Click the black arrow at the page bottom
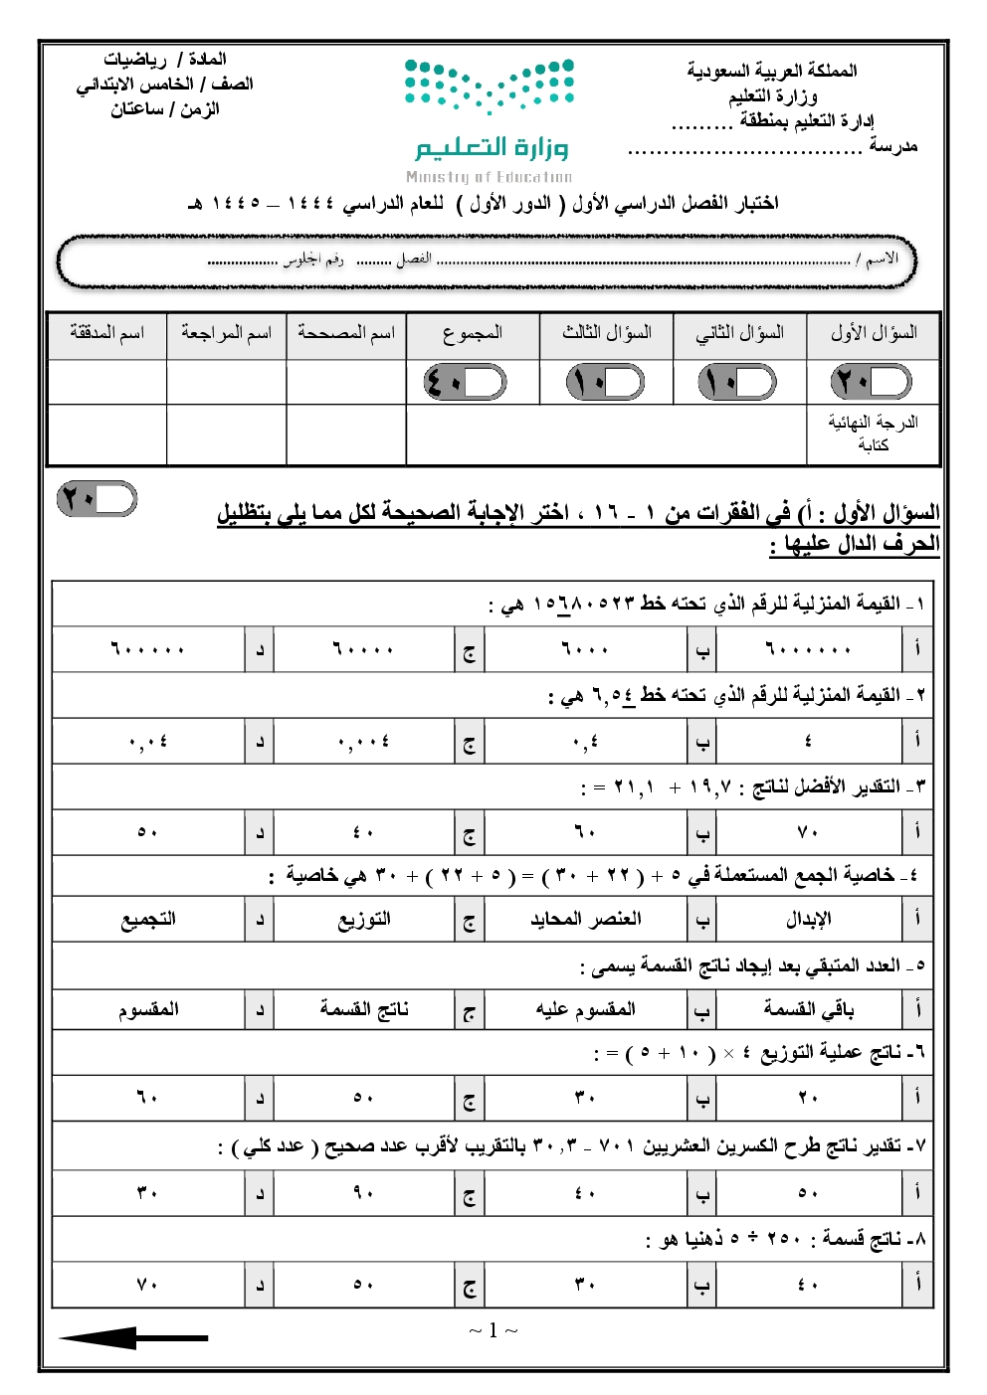pyautogui.click(x=133, y=1337)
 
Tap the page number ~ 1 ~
pyautogui.click(x=493, y=1330)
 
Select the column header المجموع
pyautogui.click(x=473, y=333)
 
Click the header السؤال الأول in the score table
pyautogui.click(x=874, y=333)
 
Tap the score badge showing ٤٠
pyautogui.click(x=465, y=382)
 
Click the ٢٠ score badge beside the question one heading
pyautogui.click(x=97, y=498)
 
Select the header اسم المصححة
pyautogui.click(x=345, y=333)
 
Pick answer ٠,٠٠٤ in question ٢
pyautogui.click(x=363, y=742)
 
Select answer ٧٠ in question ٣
pyautogui.click(x=807, y=832)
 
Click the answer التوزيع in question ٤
pyautogui.click(x=363, y=920)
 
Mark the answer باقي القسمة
pyautogui.click(x=807, y=1009)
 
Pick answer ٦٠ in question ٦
pyautogui.click(x=147, y=1098)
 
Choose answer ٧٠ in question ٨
pyautogui.click(x=147, y=1285)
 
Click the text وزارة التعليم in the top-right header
pyautogui.click(x=773, y=95)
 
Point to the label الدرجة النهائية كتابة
pyautogui.click(x=873, y=434)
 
